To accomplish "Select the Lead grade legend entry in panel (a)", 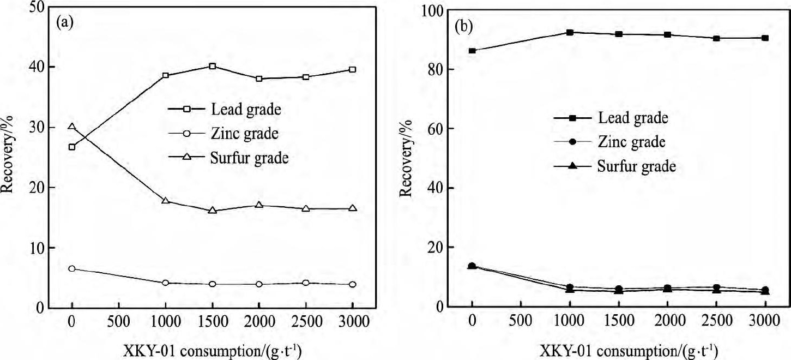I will (x=245, y=109).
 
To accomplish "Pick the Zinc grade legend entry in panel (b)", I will (x=632, y=142).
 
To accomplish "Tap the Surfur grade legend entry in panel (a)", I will (x=249, y=158).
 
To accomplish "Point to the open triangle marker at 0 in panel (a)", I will (x=72, y=127).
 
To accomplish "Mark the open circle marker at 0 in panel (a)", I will (x=72, y=268).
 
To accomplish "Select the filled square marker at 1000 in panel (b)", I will (x=570, y=33).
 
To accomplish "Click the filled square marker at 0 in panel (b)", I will (x=472, y=51).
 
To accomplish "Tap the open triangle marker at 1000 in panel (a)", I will (x=166, y=200).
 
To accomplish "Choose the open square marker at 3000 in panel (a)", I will (x=352, y=69).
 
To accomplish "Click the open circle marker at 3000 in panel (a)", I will (x=352, y=284).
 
